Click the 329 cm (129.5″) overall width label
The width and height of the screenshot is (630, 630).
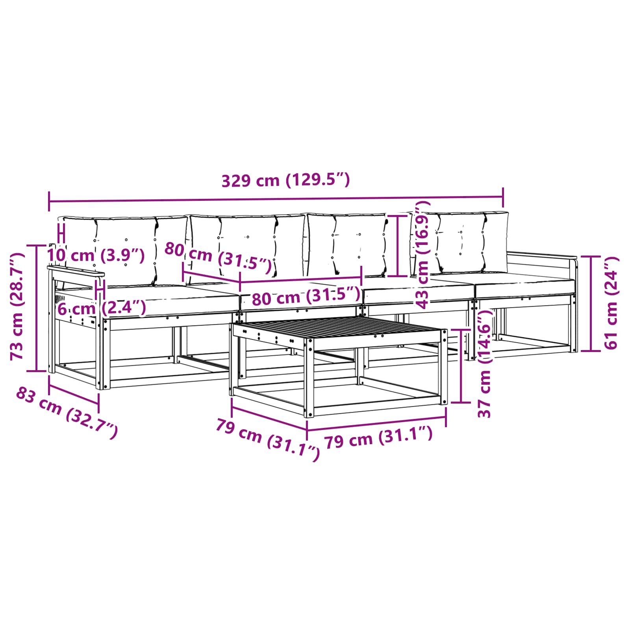tap(285, 180)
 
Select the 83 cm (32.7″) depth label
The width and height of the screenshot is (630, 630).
tap(67, 413)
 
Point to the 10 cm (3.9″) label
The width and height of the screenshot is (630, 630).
tap(96, 255)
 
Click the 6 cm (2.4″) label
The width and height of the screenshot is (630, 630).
tap(102, 308)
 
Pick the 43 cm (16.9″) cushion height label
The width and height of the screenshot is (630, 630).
tap(422, 254)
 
